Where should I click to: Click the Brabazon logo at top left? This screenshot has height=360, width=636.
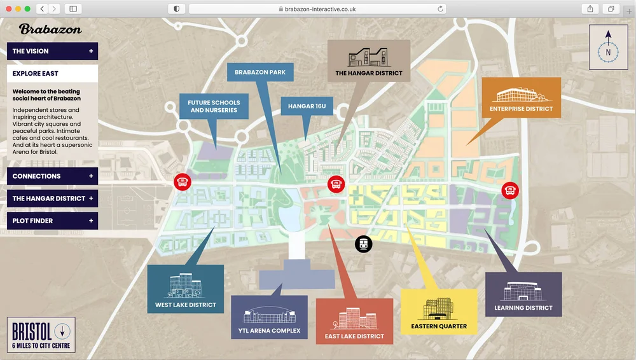(x=50, y=29)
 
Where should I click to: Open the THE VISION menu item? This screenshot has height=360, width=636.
(x=52, y=51)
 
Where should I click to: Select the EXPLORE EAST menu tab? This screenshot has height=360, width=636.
(x=52, y=74)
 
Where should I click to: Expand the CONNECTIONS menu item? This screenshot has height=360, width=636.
(x=52, y=176)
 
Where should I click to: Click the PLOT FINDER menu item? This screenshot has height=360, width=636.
(x=52, y=221)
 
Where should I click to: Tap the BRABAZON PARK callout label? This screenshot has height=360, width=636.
(x=260, y=73)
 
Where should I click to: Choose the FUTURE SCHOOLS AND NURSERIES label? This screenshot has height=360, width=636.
(x=214, y=106)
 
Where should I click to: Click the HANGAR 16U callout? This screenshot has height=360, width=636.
(x=307, y=106)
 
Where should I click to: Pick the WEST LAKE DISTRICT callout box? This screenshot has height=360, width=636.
(x=186, y=289)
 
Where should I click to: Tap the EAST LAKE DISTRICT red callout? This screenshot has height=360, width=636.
(x=354, y=321)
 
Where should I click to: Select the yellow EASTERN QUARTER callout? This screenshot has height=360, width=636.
(x=439, y=312)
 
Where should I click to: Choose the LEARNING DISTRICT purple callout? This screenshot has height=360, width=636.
(x=523, y=294)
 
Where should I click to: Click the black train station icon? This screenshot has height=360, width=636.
(x=363, y=244)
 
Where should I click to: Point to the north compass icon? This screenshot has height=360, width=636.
(x=608, y=47)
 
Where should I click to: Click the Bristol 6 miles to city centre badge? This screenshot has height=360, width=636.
(x=41, y=335)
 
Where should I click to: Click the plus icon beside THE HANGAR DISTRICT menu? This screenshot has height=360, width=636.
(x=91, y=198)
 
